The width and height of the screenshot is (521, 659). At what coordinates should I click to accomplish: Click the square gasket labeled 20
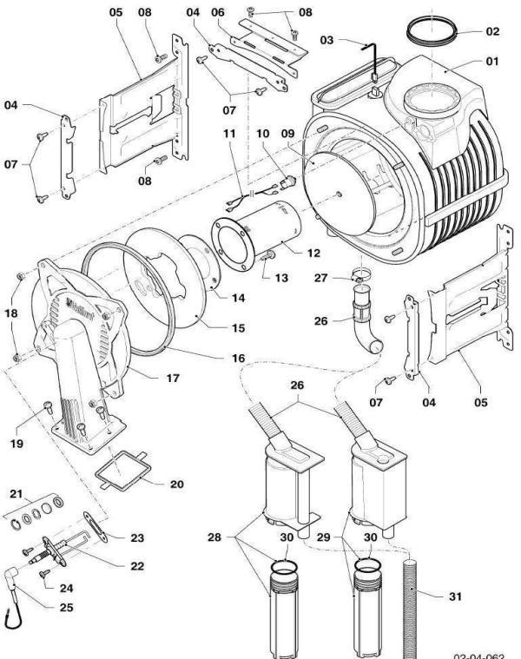click(x=122, y=470)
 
